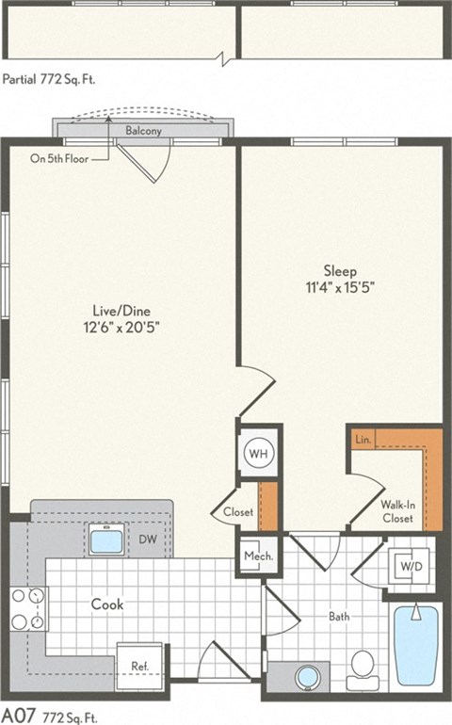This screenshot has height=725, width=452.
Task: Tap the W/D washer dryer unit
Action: [409, 567]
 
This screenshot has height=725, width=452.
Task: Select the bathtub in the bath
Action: [415, 646]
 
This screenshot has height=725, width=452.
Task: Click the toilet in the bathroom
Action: [362, 669]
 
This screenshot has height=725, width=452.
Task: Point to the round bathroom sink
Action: [307, 676]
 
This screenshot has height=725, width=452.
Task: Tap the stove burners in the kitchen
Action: [27, 608]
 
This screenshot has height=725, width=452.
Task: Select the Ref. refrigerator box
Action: [139, 666]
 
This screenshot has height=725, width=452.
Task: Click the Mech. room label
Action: [257, 556]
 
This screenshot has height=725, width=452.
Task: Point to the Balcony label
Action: [143, 131]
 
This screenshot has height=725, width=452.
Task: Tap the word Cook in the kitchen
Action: [108, 604]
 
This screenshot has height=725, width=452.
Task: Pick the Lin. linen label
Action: [363, 440]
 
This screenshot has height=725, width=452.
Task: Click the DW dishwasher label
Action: [148, 540]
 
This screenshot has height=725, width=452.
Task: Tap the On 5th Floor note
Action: [59, 158]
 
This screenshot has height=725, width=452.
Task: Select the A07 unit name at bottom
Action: [16, 715]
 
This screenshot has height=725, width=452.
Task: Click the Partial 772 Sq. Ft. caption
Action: [49, 79]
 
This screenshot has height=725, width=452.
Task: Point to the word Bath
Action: [340, 618]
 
